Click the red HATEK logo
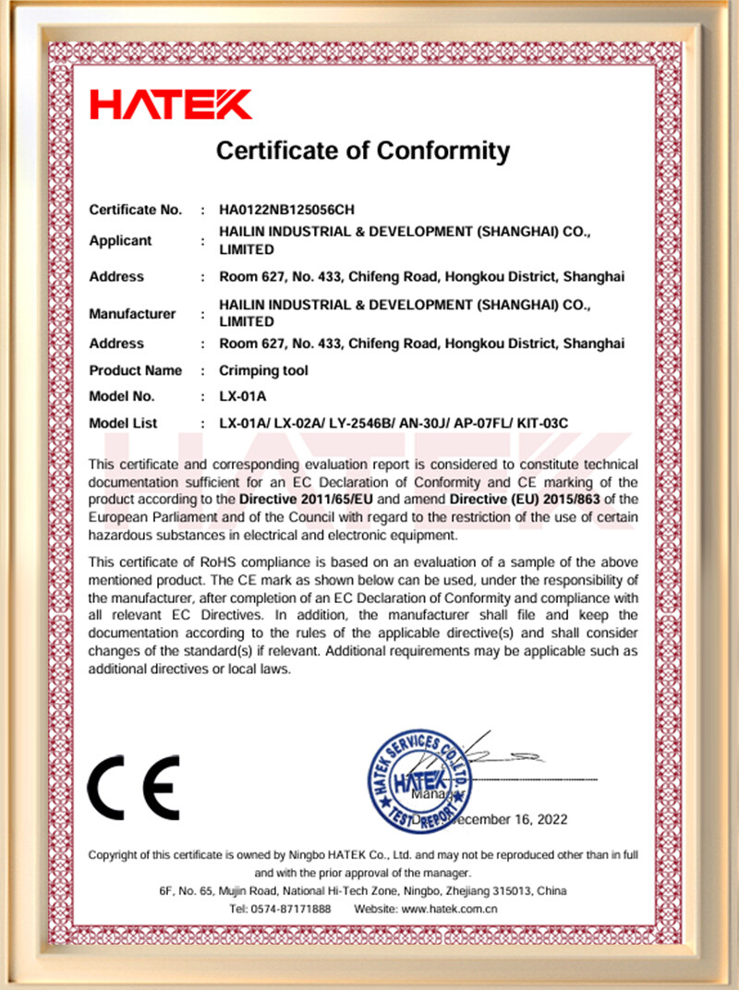tap(170, 103)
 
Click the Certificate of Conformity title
tap(363, 150)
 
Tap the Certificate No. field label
tap(135, 210)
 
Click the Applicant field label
tap(120, 241)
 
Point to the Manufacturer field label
tap(132, 314)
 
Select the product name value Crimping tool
tap(263, 370)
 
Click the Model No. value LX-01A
tap(242, 396)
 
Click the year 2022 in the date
tap(551, 819)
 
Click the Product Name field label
tap(136, 370)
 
